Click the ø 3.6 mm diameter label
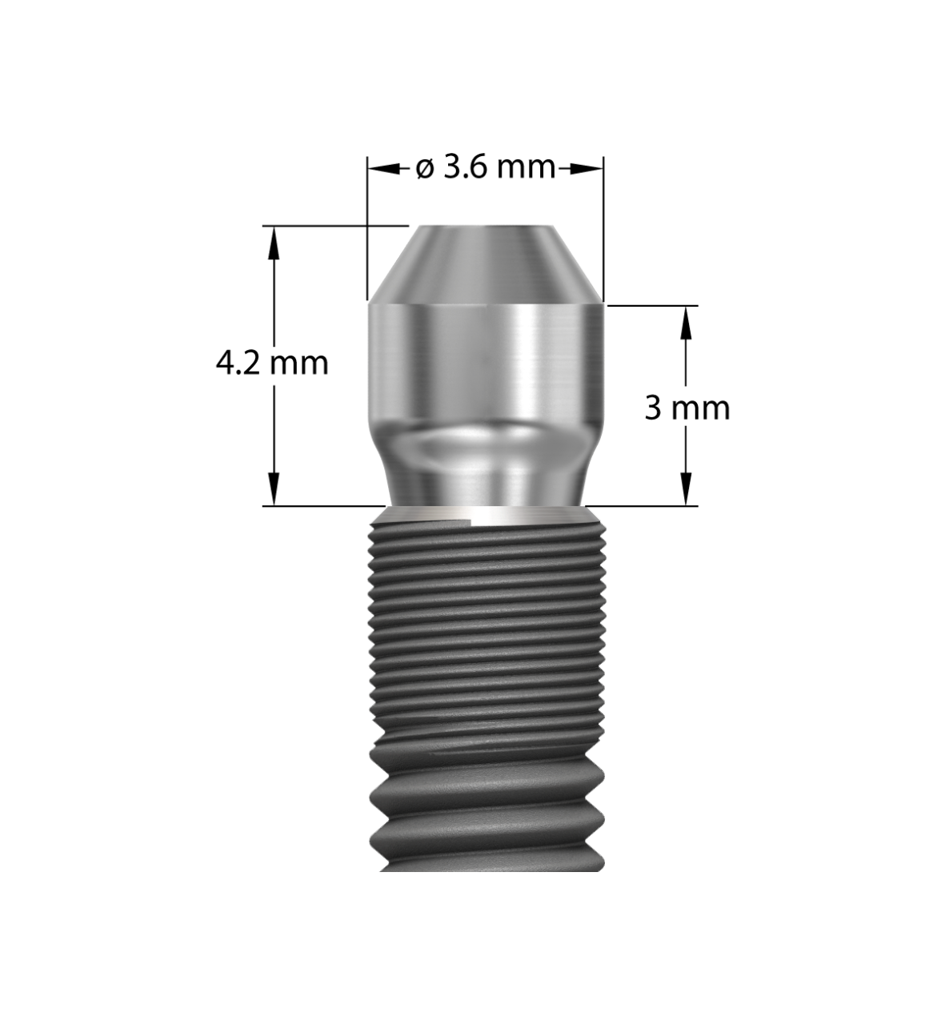(485, 168)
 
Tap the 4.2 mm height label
(273, 364)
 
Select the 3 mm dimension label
(687, 408)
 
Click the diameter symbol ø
(425, 169)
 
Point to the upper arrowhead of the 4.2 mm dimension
(274, 239)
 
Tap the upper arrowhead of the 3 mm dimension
(687, 318)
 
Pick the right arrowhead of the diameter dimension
(589, 168)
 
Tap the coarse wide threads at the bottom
(485, 809)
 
